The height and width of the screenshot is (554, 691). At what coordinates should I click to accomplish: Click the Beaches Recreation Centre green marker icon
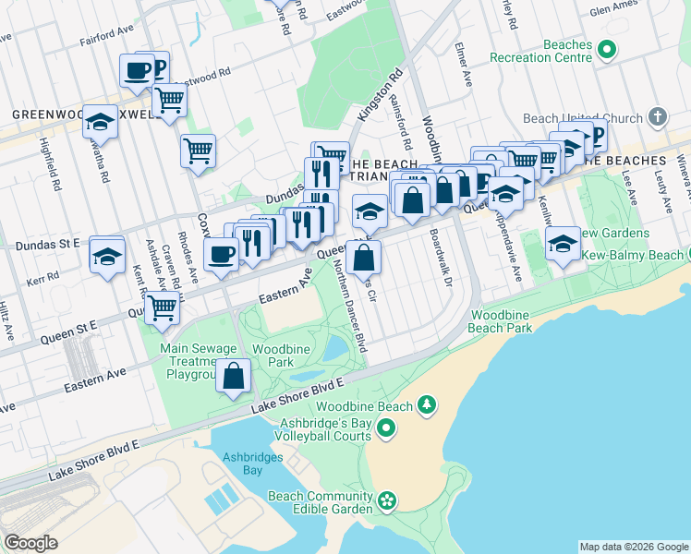607,48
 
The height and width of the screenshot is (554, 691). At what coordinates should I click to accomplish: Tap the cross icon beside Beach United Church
657,117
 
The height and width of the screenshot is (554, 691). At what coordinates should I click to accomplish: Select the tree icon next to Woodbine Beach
426,405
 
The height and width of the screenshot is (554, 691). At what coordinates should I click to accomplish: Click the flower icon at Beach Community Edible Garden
386,501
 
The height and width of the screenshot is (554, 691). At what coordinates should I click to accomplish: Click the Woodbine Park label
273,356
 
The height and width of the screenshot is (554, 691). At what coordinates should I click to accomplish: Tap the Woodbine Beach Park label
500,320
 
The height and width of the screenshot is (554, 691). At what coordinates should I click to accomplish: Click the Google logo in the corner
30,543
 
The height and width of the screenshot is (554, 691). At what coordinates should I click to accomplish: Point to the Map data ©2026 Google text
633,547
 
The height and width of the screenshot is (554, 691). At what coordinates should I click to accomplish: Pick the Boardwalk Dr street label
441,258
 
